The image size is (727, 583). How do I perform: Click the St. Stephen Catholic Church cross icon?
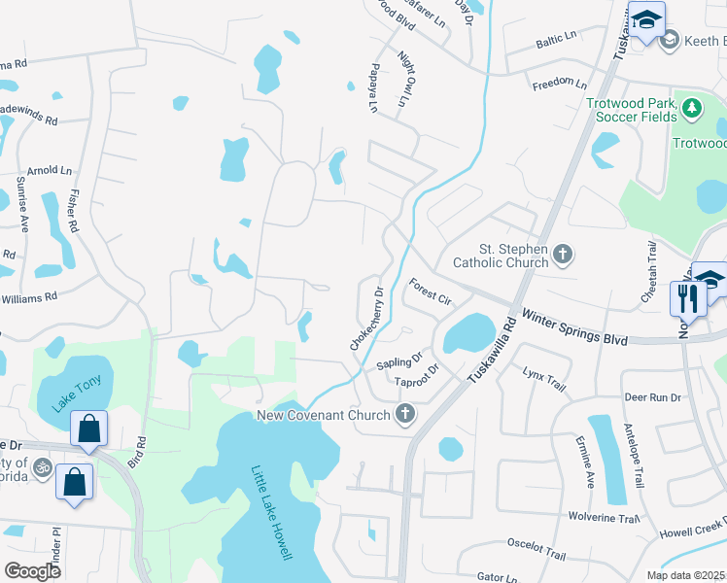562,256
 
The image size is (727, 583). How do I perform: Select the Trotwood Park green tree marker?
692,109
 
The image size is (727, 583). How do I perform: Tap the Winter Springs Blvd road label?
573,327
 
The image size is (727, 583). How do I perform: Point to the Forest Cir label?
431,292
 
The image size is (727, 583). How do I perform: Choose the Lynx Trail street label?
543,379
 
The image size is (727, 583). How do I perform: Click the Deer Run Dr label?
653,397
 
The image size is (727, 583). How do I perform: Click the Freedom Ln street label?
560,86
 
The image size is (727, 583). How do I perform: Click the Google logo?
32,570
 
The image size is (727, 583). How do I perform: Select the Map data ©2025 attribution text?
685,575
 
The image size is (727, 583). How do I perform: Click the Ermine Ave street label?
589,461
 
